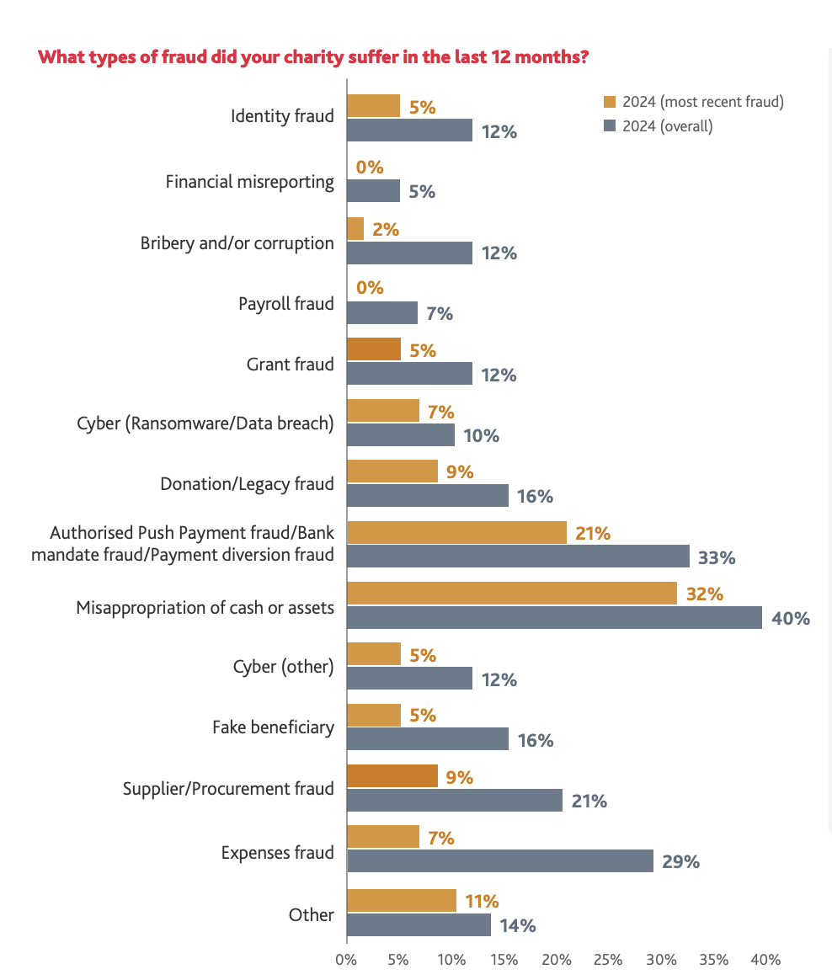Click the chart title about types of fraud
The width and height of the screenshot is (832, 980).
point(313,58)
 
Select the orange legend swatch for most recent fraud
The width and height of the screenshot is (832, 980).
point(611,102)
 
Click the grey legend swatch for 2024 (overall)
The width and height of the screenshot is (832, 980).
point(611,126)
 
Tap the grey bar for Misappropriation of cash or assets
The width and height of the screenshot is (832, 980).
point(554,618)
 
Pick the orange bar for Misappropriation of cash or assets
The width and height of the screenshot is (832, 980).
point(512,593)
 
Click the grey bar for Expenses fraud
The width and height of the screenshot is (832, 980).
point(500,860)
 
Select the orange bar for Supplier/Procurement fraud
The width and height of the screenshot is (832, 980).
point(392,776)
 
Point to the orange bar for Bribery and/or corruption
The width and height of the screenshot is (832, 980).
point(355,229)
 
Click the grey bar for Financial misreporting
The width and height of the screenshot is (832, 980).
point(373,191)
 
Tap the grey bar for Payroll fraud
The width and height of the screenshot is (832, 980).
point(382,313)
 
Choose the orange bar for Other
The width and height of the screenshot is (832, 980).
point(402,900)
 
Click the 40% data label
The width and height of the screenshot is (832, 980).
point(791,619)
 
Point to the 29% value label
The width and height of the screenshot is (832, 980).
point(681,861)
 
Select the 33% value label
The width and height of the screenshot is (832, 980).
point(718,557)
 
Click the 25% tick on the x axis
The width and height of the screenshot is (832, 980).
point(608,960)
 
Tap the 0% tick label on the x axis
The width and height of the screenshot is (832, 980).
point(346,960)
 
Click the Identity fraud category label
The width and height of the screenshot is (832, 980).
point(282,116)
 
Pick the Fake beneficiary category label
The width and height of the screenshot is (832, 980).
point(273,727)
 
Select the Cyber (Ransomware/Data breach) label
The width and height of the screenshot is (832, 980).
point(205,423)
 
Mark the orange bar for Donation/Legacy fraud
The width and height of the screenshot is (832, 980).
point(392,471)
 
